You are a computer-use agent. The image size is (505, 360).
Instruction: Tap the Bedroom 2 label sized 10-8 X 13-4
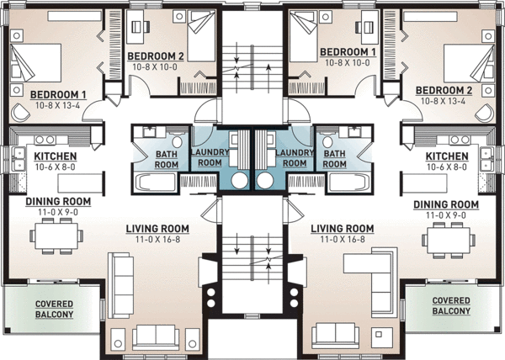(x=444, y=90)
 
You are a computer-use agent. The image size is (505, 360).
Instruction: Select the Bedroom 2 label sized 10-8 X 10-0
(x=155, y=56)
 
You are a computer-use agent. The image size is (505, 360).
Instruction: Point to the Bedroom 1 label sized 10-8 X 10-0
(x=347, y=52)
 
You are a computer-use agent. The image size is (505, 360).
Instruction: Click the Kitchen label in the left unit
(x=56, y=156)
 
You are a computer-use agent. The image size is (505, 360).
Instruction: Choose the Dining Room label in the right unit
(x=447, y=204)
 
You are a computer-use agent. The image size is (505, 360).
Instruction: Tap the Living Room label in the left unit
(x=157, y=229)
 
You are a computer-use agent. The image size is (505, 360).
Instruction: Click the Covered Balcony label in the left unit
(x=55, y=309)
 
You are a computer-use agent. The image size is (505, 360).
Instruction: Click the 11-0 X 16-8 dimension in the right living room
(x=342, y=240)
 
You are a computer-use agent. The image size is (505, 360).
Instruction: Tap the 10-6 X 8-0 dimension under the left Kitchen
(x=56, y=167)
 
